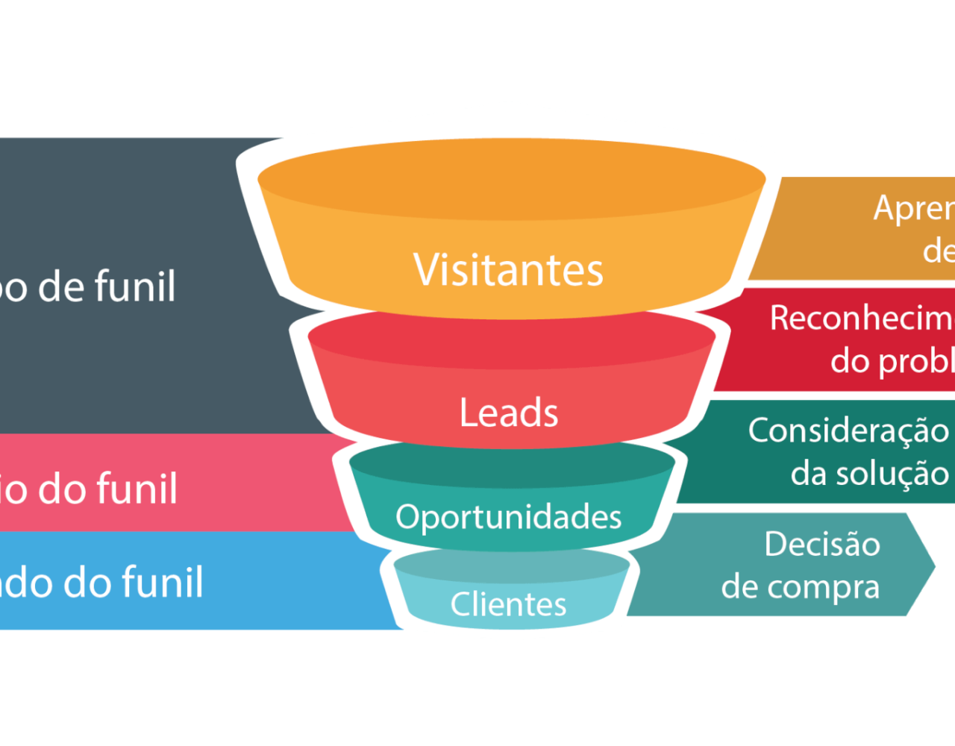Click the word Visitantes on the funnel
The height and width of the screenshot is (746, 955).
pyautogui.click(x=509, y=269)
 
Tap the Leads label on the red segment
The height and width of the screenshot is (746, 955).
pyautogui.click(x=509, y=413)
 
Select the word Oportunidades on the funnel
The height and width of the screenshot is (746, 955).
pyautogui.click(x=509, y=516)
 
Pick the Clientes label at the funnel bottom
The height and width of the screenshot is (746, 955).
pyautogui.click(x=509, y=604)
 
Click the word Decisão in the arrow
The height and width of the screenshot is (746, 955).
pyautogui.click(x=822, y=545)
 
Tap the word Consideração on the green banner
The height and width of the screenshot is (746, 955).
pyautogui.click(x=848, y=430)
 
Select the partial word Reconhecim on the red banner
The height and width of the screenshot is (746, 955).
pyautogui.click(x=862, y=319)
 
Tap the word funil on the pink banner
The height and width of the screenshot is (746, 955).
pyautogui.click(x=142, y=489)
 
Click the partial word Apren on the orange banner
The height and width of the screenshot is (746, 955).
pyautogui.click(x=914, y=208)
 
